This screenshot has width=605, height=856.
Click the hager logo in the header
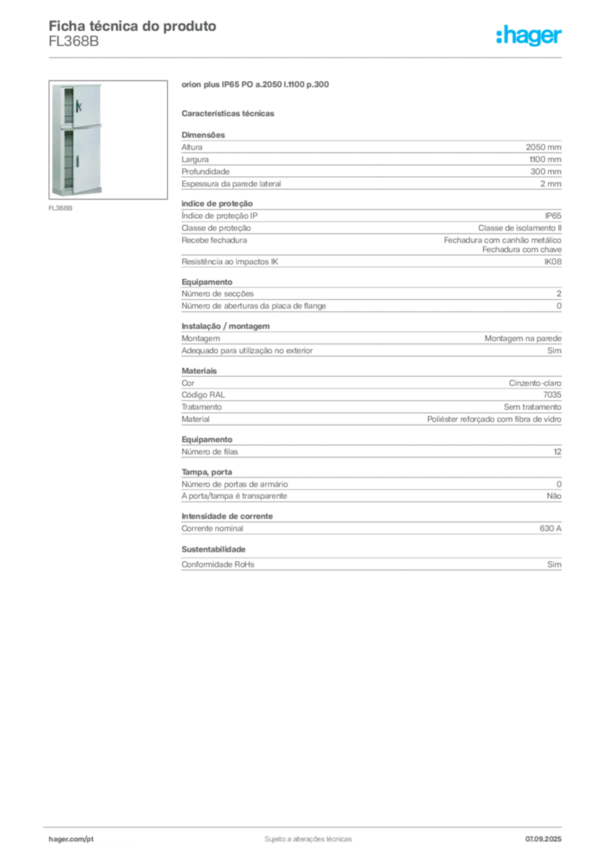point(528,35)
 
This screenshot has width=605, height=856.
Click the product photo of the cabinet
point(108,140)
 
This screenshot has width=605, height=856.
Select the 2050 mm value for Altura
point(543,147)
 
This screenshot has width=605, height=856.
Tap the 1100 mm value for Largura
point(545,160)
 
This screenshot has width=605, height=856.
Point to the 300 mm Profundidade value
point(546,171)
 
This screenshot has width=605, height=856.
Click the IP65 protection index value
point(552,216)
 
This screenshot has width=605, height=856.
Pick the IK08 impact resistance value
point(552,262)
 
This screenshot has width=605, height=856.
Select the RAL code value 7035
point(552,395)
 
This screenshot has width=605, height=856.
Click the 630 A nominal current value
point(551,528)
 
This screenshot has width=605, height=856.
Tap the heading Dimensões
point(203,135)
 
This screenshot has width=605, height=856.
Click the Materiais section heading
point(199,370)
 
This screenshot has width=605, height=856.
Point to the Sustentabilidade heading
point(213,549)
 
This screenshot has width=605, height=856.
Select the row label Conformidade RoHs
point(217,564)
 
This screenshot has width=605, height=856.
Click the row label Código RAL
point(203,395)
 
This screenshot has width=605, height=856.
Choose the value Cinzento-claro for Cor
point(535,383)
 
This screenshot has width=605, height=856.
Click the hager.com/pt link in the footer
point(71,839)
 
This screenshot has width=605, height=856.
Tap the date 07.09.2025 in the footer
point(543,839)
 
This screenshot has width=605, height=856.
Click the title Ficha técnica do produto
point(133,26)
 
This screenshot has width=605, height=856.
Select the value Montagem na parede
point(522,339)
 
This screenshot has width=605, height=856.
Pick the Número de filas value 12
point(557,451)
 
